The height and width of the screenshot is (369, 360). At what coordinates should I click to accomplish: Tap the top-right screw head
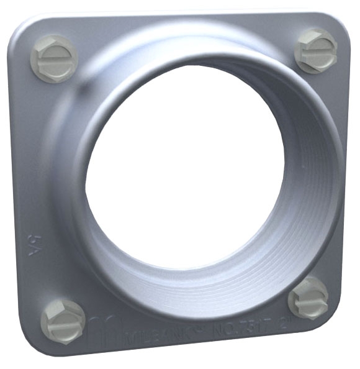coord(316,49)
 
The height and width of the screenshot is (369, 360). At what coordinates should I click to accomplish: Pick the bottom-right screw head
coord(308,298)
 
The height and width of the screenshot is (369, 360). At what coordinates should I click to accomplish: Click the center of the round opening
coord(192,165)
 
